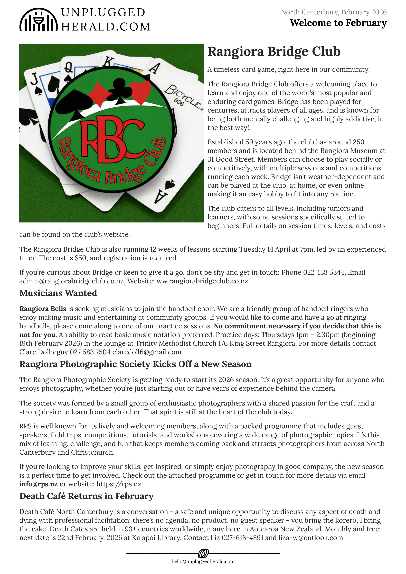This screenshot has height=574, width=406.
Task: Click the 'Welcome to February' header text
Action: point(338,23)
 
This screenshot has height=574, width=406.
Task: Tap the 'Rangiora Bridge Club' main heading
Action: point(274,52)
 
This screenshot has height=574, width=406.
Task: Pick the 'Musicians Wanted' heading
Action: point(58,293)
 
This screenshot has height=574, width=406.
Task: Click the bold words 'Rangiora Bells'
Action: point(43,309)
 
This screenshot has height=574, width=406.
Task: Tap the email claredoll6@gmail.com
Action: point(147,352)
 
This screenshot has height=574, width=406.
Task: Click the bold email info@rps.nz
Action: point(38,484)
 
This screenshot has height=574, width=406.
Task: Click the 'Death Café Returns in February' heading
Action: point(86,496)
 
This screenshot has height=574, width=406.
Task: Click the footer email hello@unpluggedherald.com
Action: point(203,562)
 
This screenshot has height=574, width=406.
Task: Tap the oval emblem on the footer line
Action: point(203,554)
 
